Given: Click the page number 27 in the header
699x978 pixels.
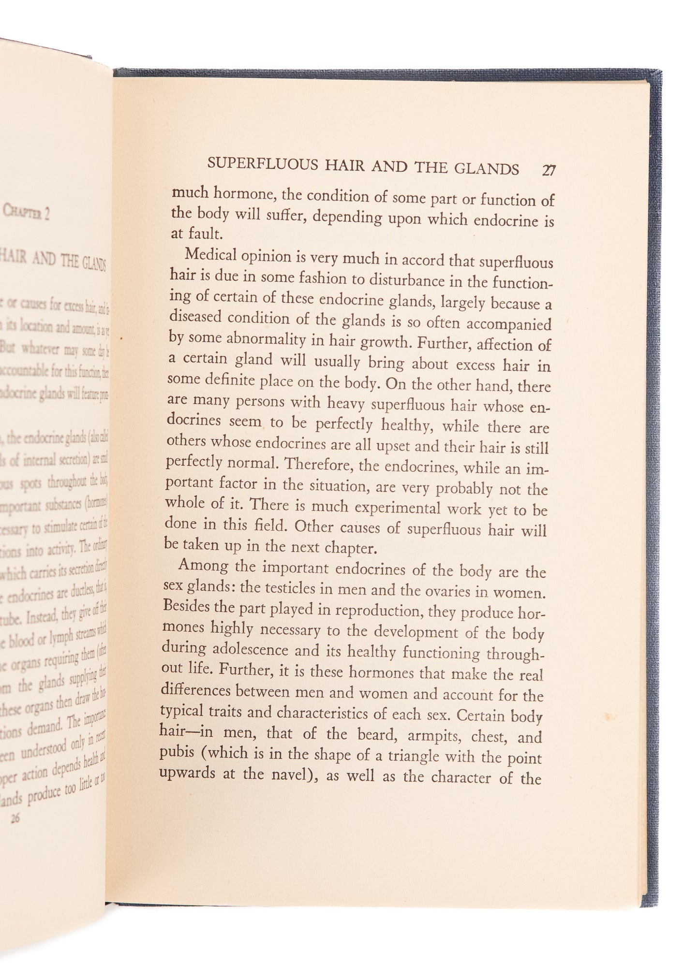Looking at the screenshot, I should (x=549, y=170).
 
